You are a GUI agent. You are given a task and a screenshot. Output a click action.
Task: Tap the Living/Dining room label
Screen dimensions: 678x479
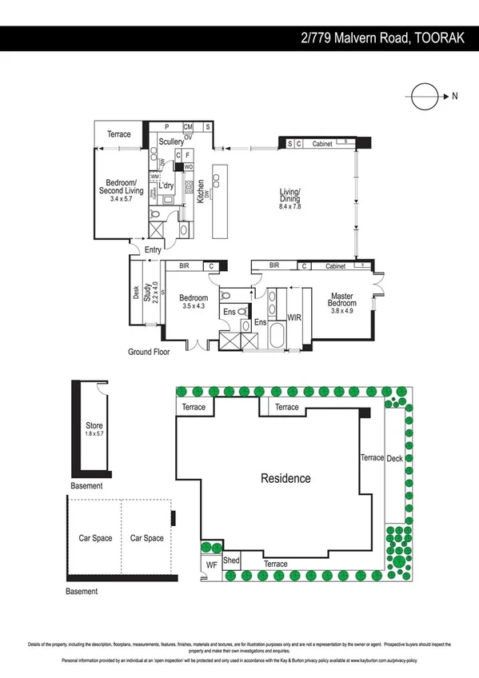[x=289, y=197]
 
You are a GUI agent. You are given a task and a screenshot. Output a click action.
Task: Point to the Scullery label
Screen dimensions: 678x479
[x=171, y=142]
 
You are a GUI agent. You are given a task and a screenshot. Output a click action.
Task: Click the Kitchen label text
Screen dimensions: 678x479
[x=201, y=190]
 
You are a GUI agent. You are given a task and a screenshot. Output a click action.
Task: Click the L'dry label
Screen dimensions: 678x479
[x=166, y=185]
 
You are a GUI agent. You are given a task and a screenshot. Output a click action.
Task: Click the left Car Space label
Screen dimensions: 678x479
[x=94, y=538]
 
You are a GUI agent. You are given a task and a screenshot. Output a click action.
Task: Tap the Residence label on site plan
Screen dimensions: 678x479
[x=286, y=478]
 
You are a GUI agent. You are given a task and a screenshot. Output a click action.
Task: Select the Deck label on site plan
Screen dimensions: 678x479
[x=395, y=458]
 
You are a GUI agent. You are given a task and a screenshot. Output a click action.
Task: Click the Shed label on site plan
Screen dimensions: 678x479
[x=232, y=561]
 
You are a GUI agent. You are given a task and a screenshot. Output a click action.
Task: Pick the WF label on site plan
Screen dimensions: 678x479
[x=211, y=565]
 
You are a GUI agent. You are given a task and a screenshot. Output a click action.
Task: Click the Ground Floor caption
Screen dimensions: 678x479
[x=150, y=352]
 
